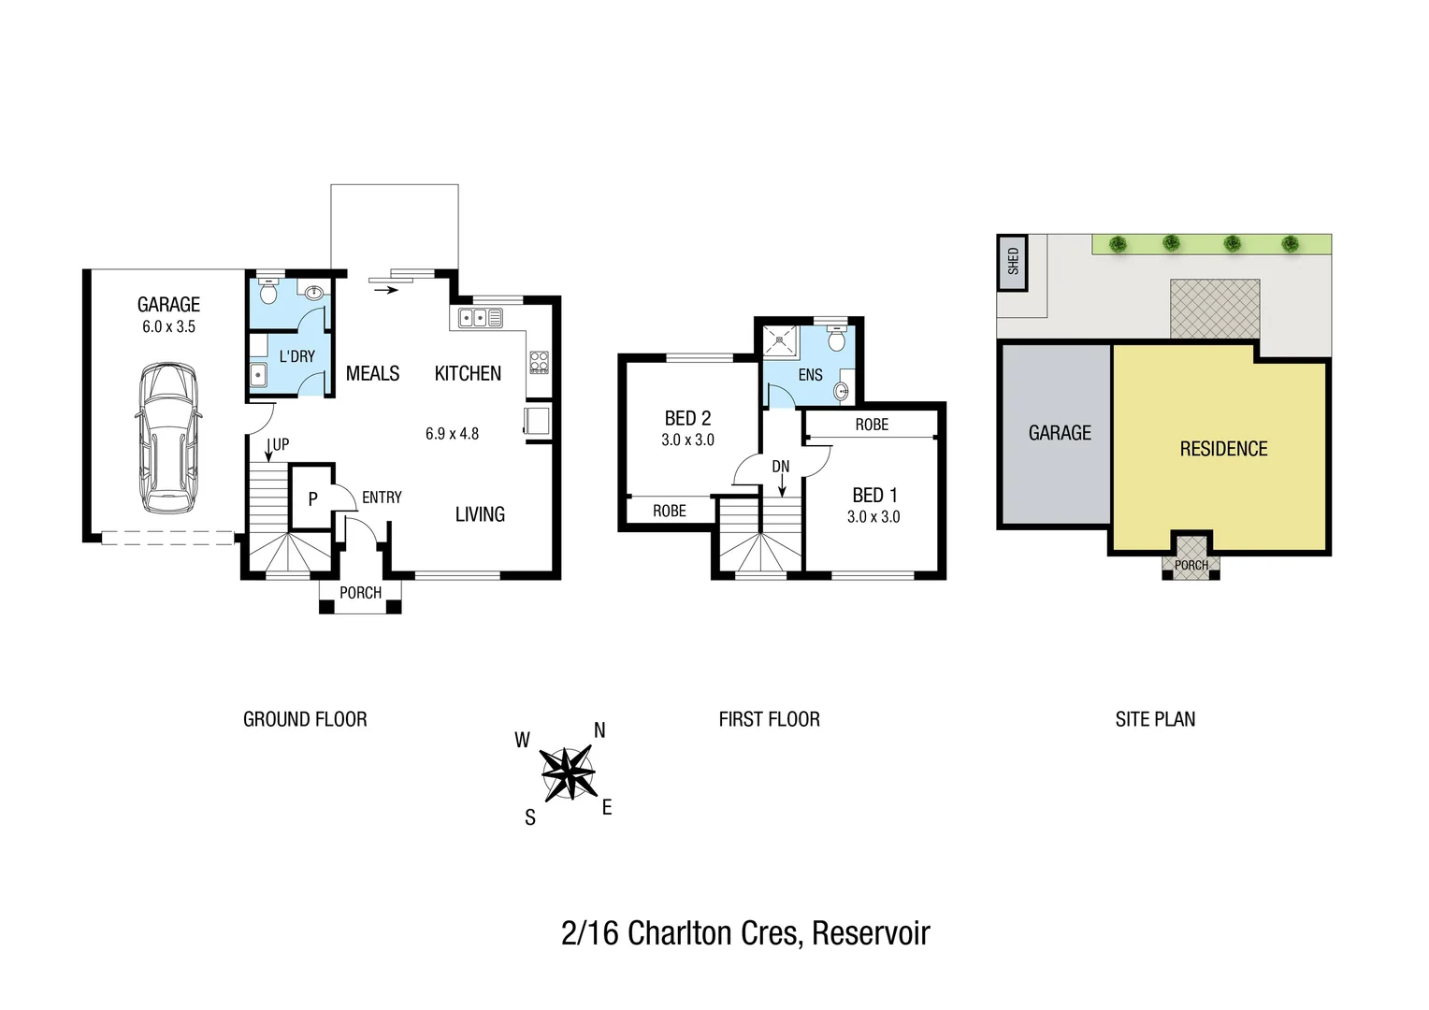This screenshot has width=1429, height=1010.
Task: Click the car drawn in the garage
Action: click(x=168, y=438)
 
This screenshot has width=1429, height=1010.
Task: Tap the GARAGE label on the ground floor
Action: click(x=168, y=305)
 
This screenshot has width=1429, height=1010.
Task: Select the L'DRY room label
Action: click(x=296, y=356)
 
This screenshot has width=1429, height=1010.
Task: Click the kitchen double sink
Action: click(x=480, y=318)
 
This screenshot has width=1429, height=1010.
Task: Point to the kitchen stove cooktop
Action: click(x=539, y=362)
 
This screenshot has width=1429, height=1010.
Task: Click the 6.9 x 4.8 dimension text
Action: click(x=452, y=434)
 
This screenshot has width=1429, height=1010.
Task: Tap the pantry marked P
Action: click(x=312, y=499)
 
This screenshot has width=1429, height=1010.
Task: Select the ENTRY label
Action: click(x=382, y=498)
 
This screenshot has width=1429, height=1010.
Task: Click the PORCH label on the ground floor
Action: click(x=360, y=593)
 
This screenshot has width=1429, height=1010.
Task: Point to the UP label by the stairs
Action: click(x=281, y=445)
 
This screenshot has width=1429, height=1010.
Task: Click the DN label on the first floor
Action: click(x=781, y=467)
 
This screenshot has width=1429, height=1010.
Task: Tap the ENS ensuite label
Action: click(x=810, y=375)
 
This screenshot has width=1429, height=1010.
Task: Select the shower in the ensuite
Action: click(x=781, y=340)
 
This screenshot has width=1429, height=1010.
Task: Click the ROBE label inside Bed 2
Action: click(x=670, y=511)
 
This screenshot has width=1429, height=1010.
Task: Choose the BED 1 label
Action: click(x=874, y=496)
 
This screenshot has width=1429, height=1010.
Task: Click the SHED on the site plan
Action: click(x=1013, y=261)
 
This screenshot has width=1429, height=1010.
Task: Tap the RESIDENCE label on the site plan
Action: click(x=1223, y=450)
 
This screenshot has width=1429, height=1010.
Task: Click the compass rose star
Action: click(x=568, y=773)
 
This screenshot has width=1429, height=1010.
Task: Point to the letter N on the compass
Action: click(x=599, y=730)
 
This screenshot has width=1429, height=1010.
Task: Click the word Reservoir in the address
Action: click(x=871, y=933)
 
